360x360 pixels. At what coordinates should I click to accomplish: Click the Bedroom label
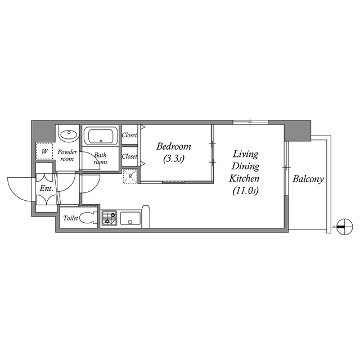coord(173,146)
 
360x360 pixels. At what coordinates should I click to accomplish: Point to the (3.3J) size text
coord(173,159)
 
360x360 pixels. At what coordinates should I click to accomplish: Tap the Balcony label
coord(308,179)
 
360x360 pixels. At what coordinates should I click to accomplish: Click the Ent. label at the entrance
coord(46,188)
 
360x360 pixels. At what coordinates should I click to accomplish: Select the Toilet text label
coord(70,218)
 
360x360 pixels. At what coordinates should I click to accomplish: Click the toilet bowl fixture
coord(87,218)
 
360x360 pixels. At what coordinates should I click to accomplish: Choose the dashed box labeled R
coord(130,176)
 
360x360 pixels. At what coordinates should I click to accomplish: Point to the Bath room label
coord(101,159)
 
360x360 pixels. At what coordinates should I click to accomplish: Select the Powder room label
coord(68,155)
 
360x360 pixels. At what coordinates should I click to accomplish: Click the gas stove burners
coord(109,218)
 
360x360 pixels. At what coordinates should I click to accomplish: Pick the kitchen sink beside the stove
coord(130,218)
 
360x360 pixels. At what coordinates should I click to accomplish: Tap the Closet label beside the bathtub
coord(129,135)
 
